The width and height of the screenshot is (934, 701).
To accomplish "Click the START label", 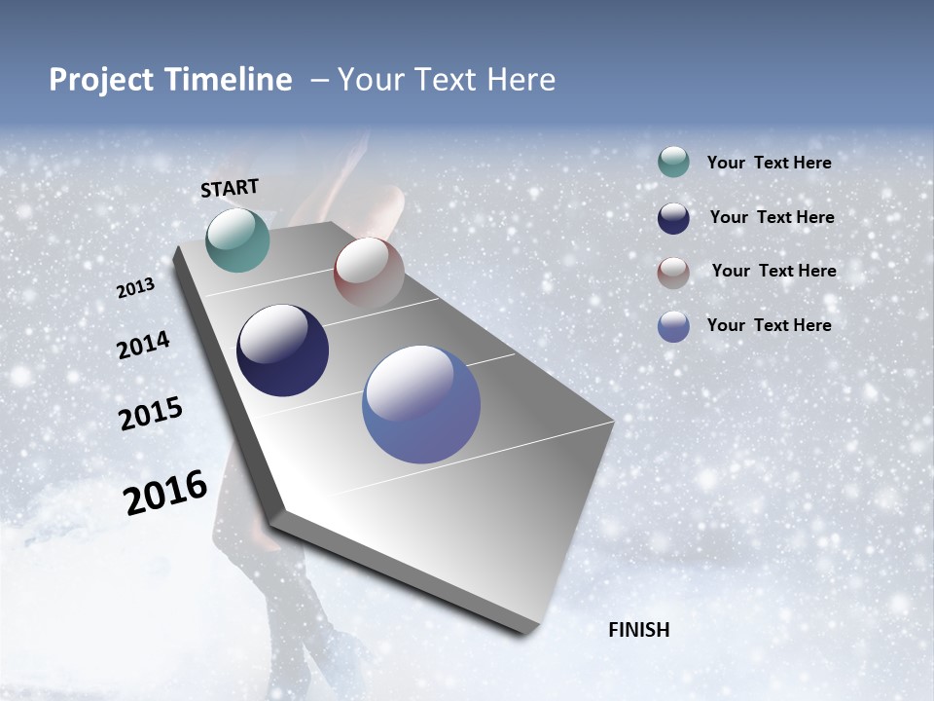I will click(230, 188).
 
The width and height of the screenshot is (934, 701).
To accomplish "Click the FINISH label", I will click(638, 630).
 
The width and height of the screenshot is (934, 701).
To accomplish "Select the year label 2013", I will click(135, 288).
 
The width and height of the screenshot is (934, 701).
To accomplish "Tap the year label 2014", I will click(143, 346).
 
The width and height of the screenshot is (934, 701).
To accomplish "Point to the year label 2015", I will click(151, 414).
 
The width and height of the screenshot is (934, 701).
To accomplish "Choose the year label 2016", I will click(165, 493).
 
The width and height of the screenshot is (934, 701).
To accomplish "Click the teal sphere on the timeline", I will click(237, 240).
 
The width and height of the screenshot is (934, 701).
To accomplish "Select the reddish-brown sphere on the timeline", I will click(369, 272).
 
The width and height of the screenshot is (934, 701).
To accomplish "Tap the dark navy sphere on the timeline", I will click(282, 350).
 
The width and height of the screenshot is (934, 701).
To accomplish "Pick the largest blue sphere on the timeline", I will click(421, 404).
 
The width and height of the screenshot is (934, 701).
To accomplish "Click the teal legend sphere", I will click(673, 163).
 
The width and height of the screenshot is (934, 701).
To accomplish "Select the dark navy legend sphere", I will click(673, 218).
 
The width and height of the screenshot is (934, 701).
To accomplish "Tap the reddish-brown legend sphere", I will click(673, 273).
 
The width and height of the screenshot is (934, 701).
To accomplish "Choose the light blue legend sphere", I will click(673, 326).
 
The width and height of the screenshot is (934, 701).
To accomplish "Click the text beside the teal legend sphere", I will click(769, 163).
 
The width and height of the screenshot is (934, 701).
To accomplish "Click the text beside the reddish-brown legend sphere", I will click(773, 271).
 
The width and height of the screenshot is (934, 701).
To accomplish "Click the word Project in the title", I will click(101, 80).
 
